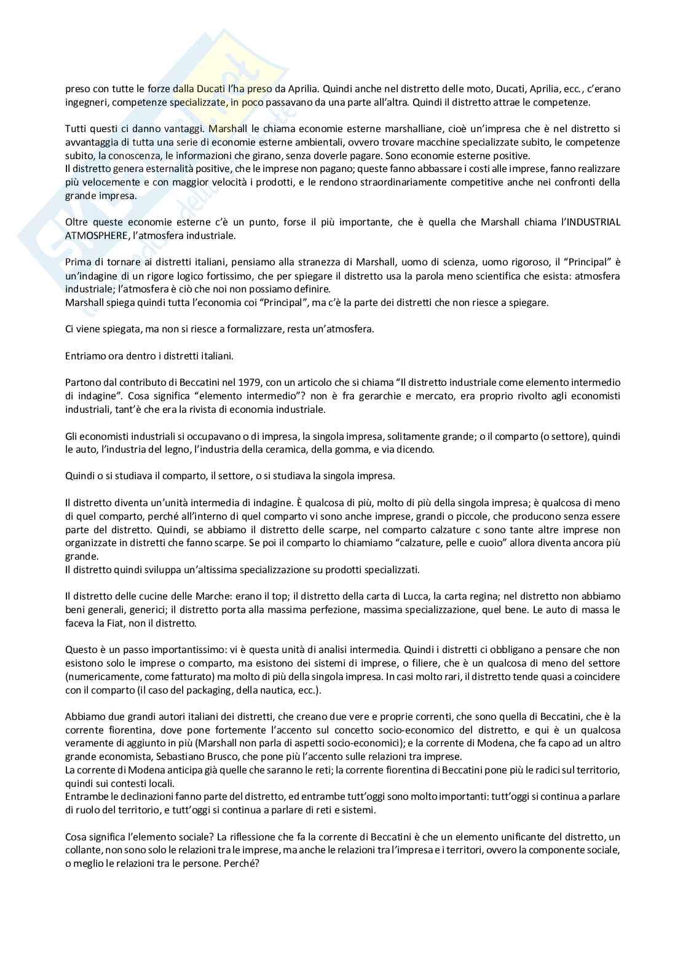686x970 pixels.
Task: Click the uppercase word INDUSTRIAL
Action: click(594, 222)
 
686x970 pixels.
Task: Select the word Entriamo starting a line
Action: click(84, 356)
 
